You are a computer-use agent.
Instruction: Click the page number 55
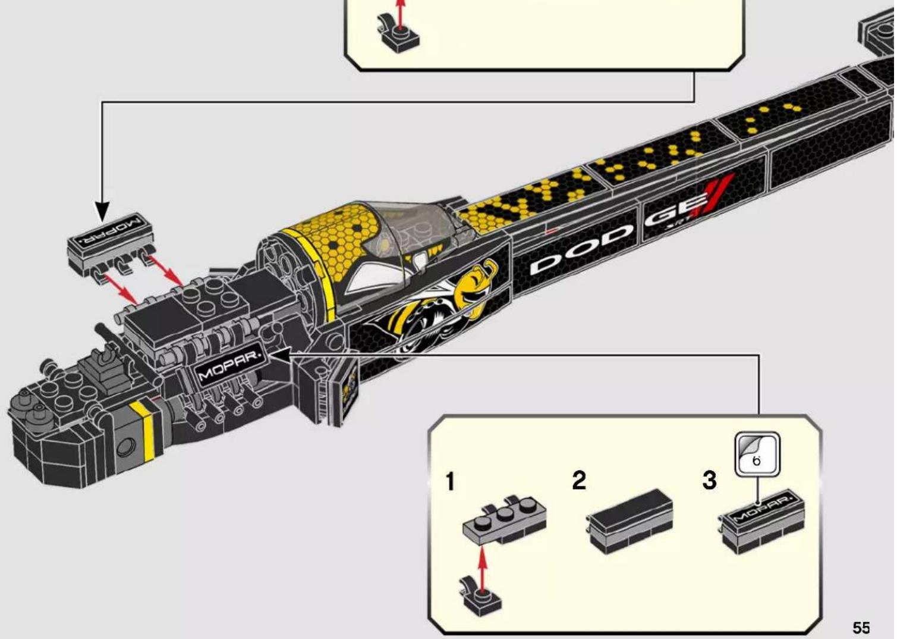pyautogui.click(x=861, y=627)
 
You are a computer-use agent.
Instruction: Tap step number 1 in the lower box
pyautogui.click(x=451, y=481)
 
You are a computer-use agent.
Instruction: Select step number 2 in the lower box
pyautogui.click(x=579, y=480)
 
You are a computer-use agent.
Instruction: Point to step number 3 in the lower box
pyautogui.click(x=710, y=480)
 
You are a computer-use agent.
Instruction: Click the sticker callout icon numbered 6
pyautogui.click(x=757, y=454)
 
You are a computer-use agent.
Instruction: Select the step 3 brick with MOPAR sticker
pyautogui.click(x=762, y=521)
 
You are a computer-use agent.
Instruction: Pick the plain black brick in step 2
pyautogui.click(x=630, y=521)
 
